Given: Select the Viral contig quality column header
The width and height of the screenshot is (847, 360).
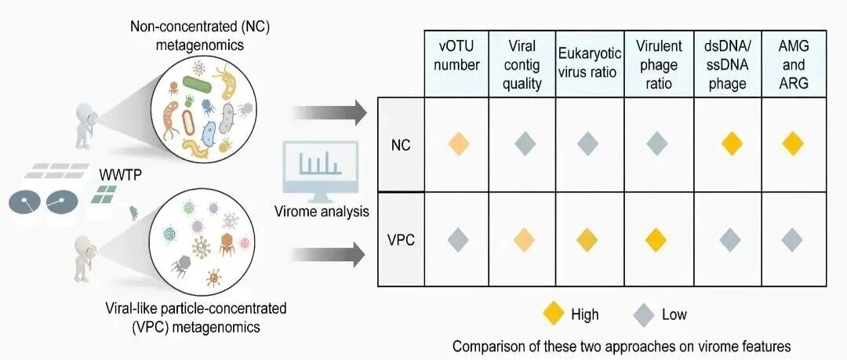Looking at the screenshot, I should click(523, 64).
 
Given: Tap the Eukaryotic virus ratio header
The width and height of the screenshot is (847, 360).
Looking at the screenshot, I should click(590, 64).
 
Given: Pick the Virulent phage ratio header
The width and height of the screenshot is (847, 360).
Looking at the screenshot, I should click(659, 64).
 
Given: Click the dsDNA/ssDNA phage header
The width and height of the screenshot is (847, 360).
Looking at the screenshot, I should click(728, 64).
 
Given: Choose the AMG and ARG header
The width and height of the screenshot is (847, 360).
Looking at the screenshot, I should click(794, 64).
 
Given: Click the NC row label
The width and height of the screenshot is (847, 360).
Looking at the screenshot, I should click(401, 144).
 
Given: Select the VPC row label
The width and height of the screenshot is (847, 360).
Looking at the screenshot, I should click(401, 238).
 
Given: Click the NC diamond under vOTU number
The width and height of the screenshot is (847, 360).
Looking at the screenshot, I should click(459, 144).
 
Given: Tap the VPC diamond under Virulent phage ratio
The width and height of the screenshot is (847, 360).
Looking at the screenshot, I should click(659, 238).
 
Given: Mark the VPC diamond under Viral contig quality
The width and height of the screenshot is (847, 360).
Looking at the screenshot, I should click(524, 238).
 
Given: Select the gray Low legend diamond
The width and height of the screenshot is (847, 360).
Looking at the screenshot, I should click(644, 315).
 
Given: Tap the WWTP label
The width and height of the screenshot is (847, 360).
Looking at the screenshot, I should click(119, 172).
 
